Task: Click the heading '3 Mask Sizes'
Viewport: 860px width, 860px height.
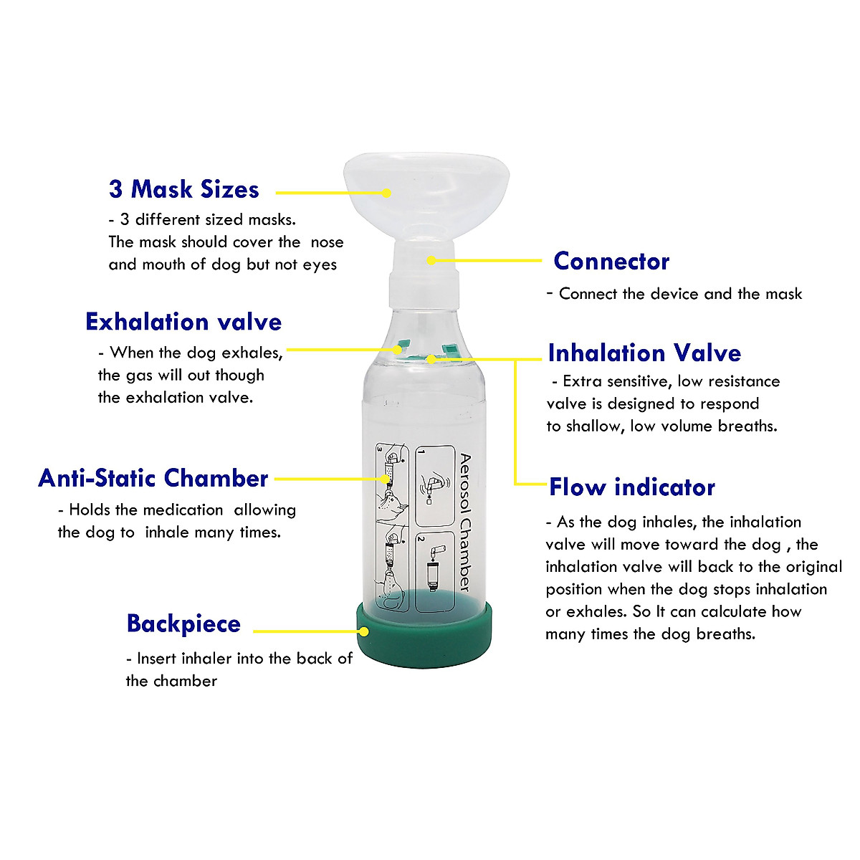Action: (183, 189)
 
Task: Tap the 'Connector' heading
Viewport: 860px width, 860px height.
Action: (611, 261)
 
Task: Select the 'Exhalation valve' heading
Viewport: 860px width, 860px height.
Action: (183, 322)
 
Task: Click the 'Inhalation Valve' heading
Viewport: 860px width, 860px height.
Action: (644, 353)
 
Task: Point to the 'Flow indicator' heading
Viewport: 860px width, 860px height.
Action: (632, 487)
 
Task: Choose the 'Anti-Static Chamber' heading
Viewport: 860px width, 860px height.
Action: (153, 478)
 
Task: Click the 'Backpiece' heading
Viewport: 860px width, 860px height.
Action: (183, 623)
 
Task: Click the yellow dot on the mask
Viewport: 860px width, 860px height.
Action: (386, 193)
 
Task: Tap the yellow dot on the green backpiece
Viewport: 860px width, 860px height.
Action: (364, 631)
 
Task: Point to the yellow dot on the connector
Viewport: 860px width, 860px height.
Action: (431, 260)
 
